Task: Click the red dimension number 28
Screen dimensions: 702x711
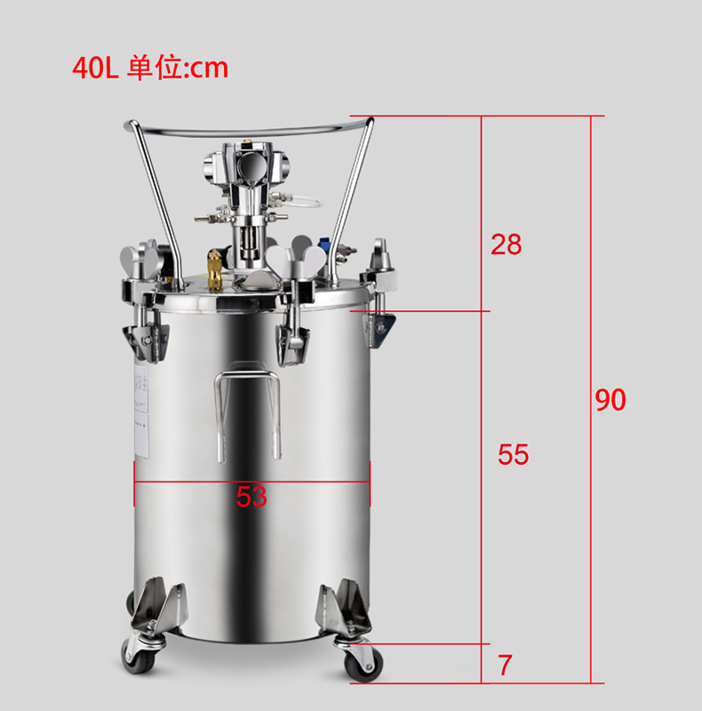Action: [507, 244]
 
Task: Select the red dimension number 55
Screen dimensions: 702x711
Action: [514, 454]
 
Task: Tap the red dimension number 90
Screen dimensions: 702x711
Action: [610, 400]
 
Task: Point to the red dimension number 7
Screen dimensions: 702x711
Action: [506, 665]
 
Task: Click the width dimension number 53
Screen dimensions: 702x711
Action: [251, 497]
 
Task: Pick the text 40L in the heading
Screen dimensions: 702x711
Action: [95, 68]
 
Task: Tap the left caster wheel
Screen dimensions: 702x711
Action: [139, 656]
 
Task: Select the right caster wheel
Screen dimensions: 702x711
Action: [363, 663]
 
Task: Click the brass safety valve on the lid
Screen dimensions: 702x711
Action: [215, 271]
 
